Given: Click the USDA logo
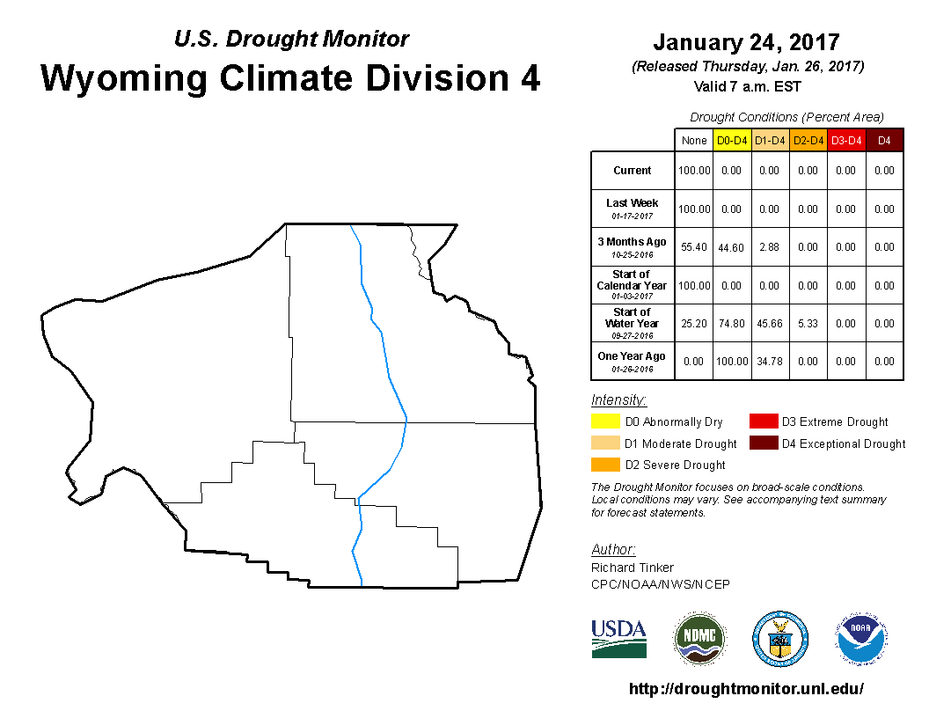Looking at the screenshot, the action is (618, 639).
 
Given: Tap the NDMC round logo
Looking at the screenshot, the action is (699, 639).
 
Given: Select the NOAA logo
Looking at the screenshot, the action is (861, 639).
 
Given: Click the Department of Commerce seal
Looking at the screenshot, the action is (780, 639).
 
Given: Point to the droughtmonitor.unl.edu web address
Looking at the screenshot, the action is (746, 688).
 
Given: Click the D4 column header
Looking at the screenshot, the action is (884, 141).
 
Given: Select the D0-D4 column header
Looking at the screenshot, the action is (732, 141).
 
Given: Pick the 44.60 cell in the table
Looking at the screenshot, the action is (731, 247).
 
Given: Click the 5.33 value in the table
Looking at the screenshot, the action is (808, 324).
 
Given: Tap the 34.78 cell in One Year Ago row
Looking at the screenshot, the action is (770, 362).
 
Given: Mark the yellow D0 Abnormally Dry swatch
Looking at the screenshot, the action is (605, 421).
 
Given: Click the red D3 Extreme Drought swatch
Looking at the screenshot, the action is (764, 421).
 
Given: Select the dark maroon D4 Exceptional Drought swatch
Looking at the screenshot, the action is (764, 443).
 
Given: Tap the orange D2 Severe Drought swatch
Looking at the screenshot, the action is (605, 465).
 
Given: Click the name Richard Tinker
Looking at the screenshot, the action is (633, 568).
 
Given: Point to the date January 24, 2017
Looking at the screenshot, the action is (747, 42).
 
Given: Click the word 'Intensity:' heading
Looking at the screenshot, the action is (618, 399).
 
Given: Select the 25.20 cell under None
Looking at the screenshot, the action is (694, 324).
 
